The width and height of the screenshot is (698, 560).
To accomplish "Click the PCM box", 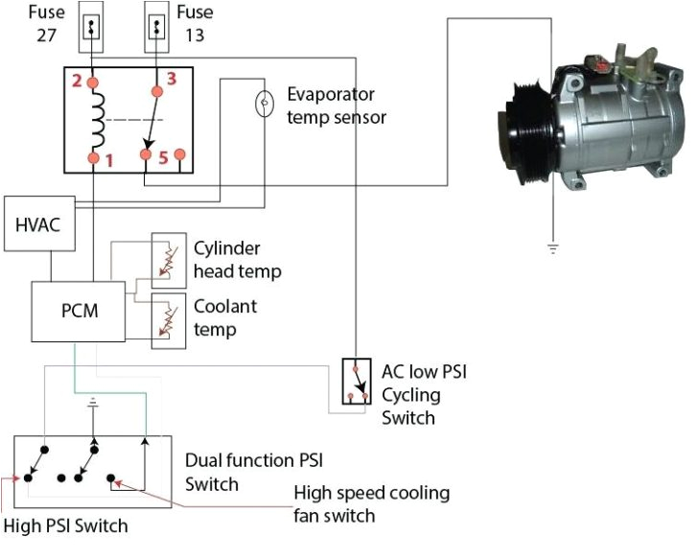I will point(78,312).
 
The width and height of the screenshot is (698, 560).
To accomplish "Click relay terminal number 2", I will point(93,84).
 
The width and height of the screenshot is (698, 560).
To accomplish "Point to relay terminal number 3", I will point(157,90).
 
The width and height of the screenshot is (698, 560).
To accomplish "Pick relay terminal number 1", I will point(93,156).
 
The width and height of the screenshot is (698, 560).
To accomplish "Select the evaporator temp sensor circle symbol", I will point(263,104).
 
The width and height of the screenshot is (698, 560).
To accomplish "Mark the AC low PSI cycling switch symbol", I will point(356,383).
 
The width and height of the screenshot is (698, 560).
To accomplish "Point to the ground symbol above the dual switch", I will point(93,403).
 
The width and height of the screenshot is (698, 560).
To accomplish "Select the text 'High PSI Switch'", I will point(65,525).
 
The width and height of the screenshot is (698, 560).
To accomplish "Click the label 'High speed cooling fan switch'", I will point(372,503).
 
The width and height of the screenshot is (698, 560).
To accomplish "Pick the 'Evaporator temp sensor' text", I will point(337,105).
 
